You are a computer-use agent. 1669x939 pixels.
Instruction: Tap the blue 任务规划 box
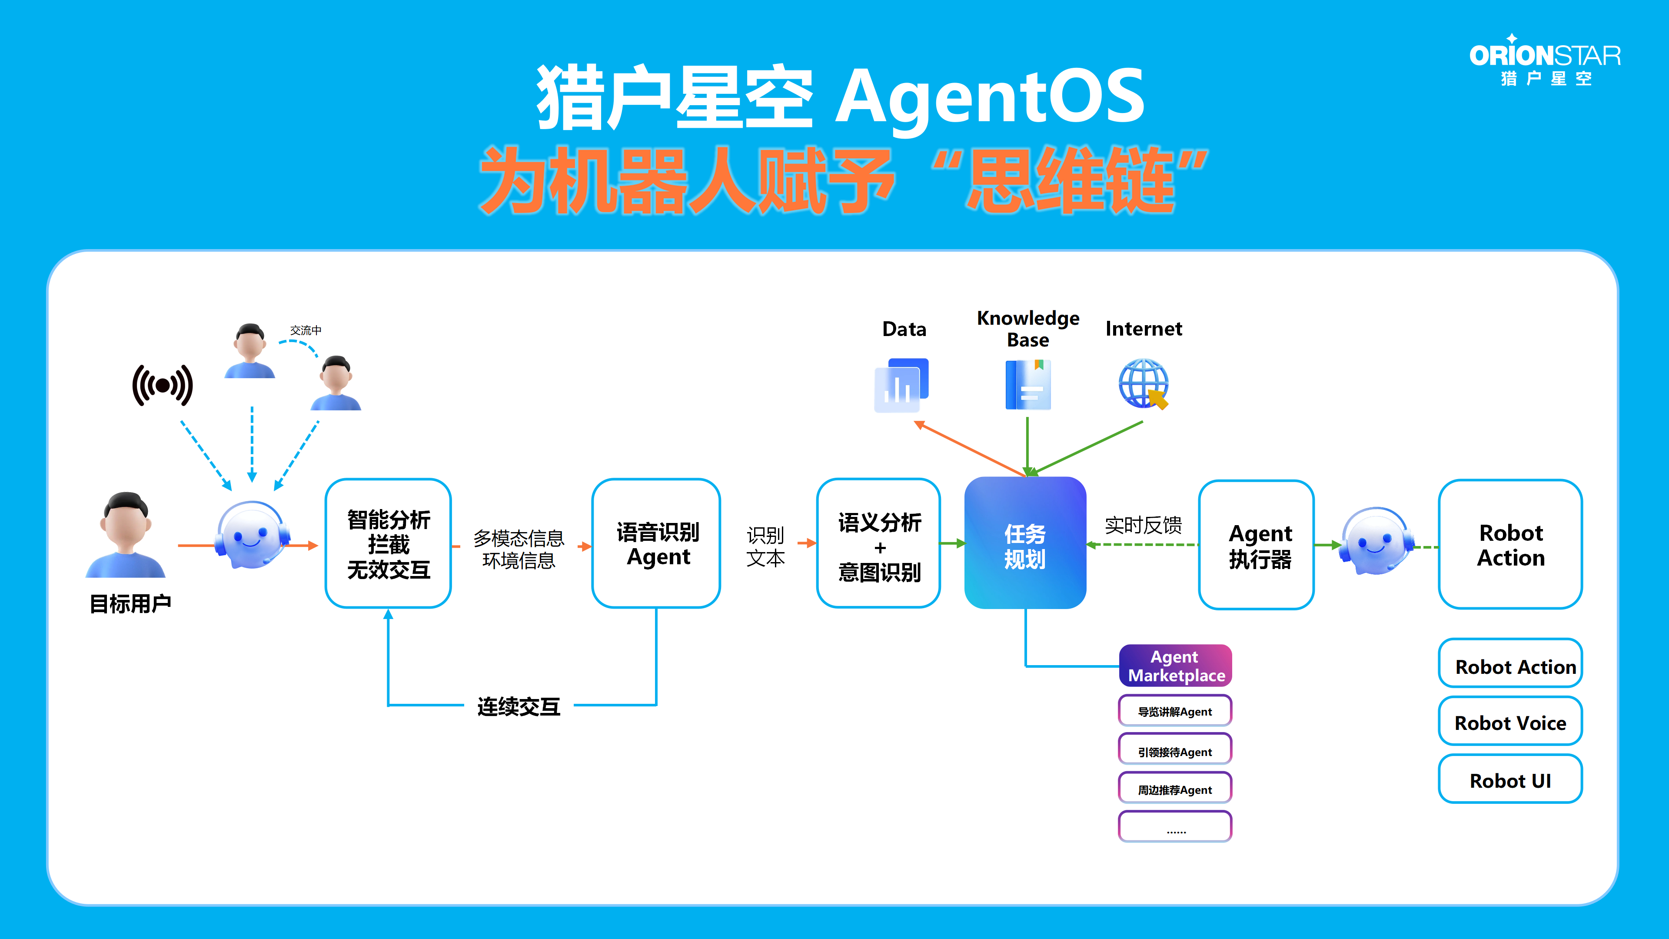pyautogui.click(x=1025, y=543)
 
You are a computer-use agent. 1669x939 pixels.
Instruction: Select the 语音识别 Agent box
pyautogui.click(x=656, y=543)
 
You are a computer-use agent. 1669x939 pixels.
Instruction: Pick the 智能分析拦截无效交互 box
pyautogui.click(x=388, y=543)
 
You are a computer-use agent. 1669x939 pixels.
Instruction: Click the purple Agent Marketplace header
pyautogui.click(x=1175, y=666)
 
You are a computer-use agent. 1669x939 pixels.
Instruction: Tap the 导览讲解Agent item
pyautogui.click(x=1175, y=711)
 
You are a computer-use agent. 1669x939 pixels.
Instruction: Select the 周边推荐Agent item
pyautogui.click(x=1175, y=789)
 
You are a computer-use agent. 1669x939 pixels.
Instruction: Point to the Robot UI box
pyautogui.click(x=1510, y=779)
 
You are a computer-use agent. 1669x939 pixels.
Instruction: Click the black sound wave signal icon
pyautogui.click(x=163, y=386)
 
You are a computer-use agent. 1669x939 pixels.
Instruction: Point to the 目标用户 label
pyautogui.click(x=130, y=603)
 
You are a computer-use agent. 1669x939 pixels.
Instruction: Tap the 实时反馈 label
pyautogui.click(x=1144, y=524)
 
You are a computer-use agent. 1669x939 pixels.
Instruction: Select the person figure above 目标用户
pyautogui.click(x=126, y=535)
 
